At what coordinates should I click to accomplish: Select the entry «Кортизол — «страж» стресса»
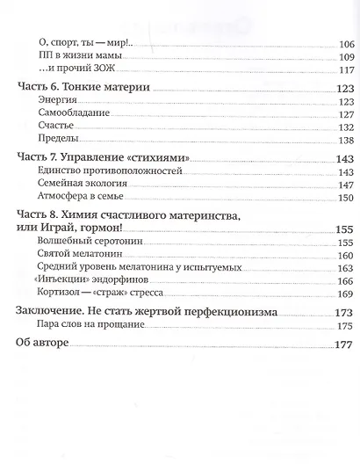pyautogui.click(x=102, y=294)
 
